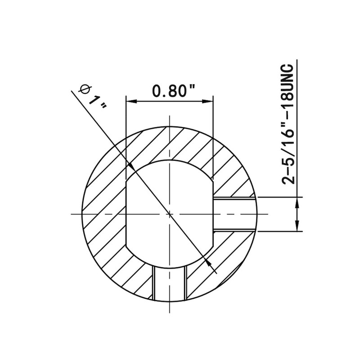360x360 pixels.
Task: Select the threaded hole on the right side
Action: (234, 214)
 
